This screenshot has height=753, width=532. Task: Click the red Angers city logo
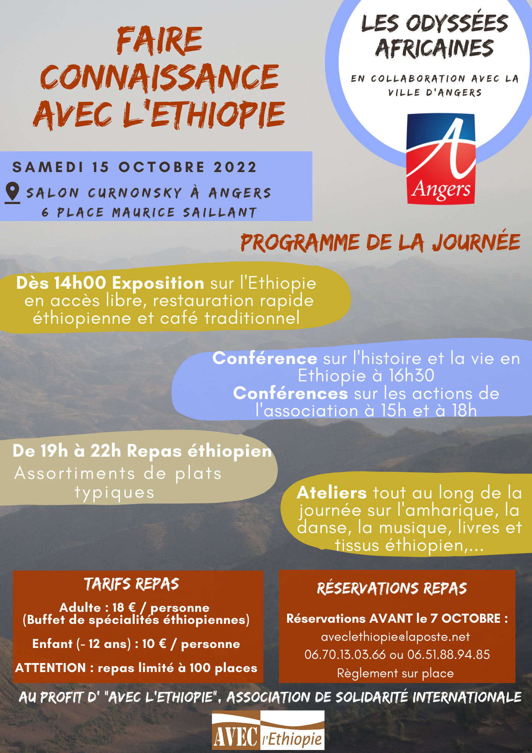click(441, 159)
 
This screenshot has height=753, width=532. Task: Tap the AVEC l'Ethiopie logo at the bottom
click(268, 730)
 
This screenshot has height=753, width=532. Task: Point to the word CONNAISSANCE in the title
click(160, 78)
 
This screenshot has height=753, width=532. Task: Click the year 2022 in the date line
click(235, 167)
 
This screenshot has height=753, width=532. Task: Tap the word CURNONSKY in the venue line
click(135, 193)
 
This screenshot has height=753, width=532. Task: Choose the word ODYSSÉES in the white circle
click(457, 23)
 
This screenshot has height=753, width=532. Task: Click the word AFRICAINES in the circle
click(435, 49)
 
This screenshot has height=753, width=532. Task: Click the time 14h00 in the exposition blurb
click(80, 283)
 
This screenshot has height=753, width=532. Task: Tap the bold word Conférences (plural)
click(290, 393)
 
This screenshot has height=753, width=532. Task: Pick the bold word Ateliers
click(331, 492)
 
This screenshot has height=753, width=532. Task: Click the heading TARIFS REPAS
click(132, 584)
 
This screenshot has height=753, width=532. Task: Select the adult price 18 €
click(123, 607)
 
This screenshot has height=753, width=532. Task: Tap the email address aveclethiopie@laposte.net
click(395, 637)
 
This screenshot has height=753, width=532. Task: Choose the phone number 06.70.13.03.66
click(345, 655)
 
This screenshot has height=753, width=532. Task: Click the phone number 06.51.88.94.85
click(448, 655)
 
